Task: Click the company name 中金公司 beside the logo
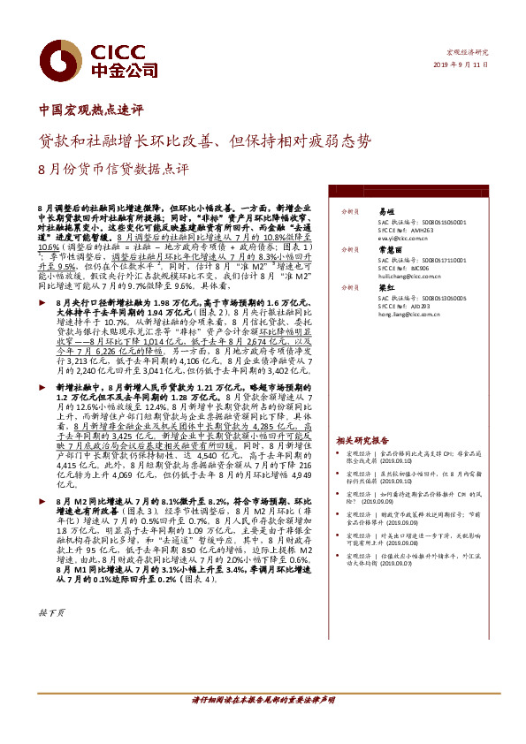click(113, 69)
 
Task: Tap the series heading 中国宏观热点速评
click(91, 112)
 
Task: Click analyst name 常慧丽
click(390, 250)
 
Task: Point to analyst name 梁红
click(386, 287)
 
